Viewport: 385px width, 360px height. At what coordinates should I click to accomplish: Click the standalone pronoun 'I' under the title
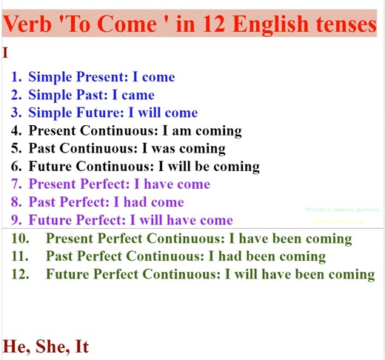coord(6,53)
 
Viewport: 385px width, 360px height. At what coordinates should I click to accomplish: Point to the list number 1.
coord(16,77)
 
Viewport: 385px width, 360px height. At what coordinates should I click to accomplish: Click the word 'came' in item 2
coord(139,95)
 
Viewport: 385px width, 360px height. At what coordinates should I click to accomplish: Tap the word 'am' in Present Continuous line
coord(173,130)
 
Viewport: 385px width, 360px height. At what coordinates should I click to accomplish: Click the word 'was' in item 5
coord(155,148)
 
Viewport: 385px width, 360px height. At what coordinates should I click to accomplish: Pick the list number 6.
coord(16,166)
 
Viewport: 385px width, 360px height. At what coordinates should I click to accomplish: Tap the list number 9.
coord(16,220)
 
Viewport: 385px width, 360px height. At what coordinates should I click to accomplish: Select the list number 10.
coord(20,239)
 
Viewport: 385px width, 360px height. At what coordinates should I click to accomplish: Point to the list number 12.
coord(20,274)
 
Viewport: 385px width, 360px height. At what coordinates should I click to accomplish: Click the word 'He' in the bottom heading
coord(15,346)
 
